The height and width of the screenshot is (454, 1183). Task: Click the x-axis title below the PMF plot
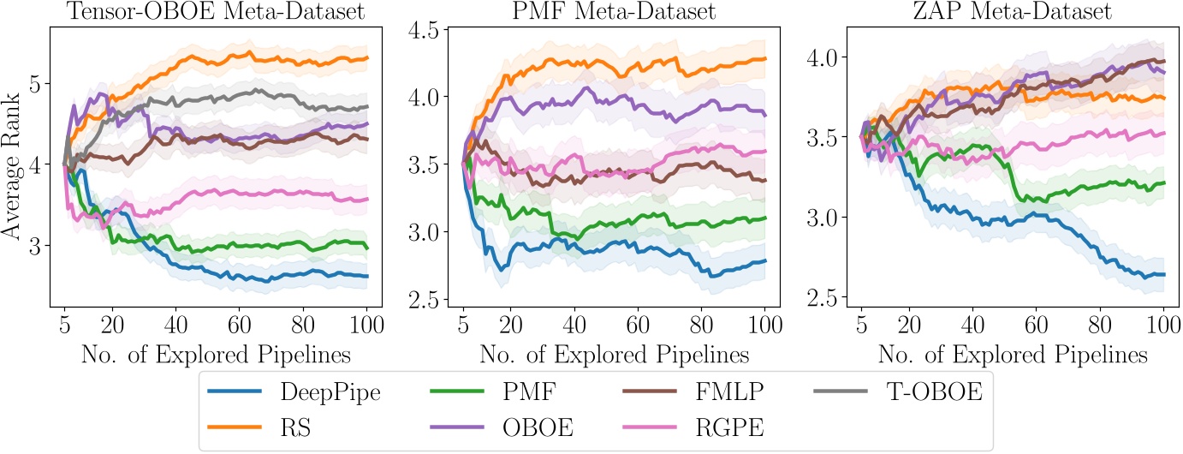(x=614, y=354)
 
